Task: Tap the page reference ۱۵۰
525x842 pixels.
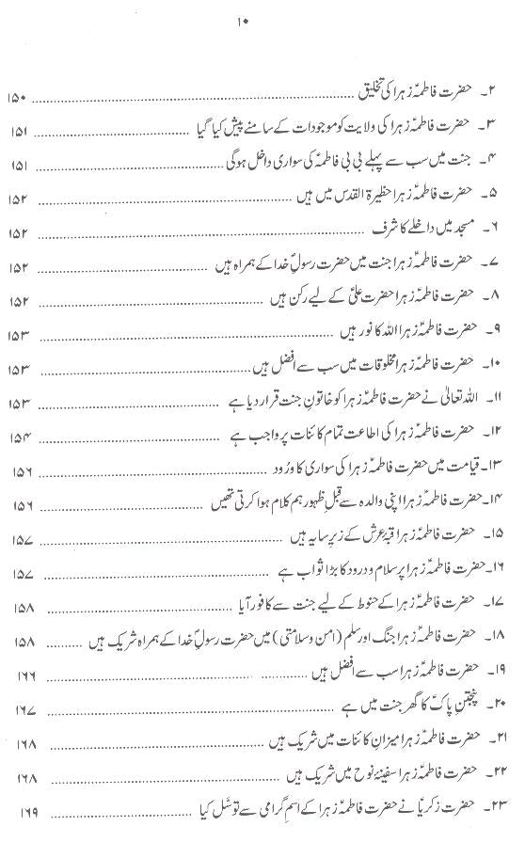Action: [x=21, y=98]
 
